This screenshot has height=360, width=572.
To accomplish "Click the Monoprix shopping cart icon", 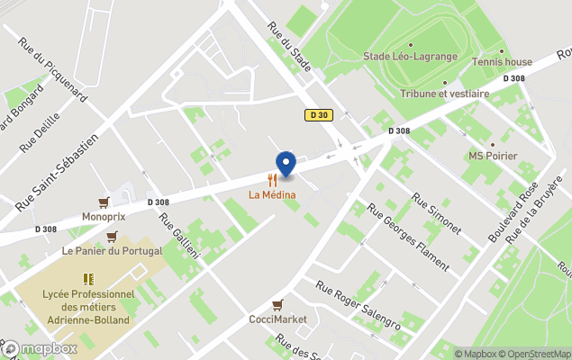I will tap(104, 202).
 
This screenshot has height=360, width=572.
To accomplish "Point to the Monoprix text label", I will tap(104, 217).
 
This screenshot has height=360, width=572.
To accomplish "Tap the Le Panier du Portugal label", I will tap(112, 250).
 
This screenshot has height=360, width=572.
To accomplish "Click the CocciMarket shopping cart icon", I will tap(277, 305).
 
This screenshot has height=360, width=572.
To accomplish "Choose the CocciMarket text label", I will tap(277, 319).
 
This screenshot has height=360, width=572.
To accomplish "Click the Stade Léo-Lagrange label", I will tap(411, 57).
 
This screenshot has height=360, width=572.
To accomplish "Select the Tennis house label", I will tap(502, 62).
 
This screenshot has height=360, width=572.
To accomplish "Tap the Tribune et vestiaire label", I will tap(444, 93).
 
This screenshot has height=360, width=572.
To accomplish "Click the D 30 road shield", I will tap(316, 114).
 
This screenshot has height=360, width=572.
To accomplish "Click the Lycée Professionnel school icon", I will tap(88, 279).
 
